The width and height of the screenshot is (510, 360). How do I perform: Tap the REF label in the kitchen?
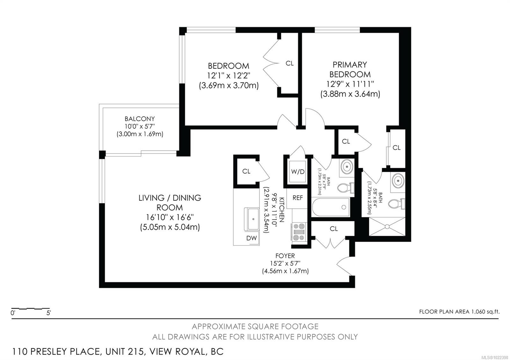(x=298, y=198)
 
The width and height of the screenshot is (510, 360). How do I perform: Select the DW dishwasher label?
(x=251, y=238)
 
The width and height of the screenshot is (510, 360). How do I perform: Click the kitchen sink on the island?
(x=253, y=219)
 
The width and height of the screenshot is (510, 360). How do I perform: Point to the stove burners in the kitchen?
(x=299, y=232)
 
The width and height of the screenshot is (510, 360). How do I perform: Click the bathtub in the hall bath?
(x=331, y=207)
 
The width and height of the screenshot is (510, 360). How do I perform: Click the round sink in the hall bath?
(x=346, y=166)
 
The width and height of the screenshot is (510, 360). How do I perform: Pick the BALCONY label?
(x=140, y=119)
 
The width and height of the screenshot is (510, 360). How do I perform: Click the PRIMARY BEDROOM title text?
(x=350, y=69)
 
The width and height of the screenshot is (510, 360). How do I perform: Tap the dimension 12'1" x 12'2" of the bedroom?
(x=229, y=76)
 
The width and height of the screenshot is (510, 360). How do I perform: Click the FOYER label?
(x=285, y=256)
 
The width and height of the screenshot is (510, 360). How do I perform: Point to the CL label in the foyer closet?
(x=334, y=229)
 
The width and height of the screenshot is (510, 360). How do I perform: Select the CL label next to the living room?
(x=246, y=171)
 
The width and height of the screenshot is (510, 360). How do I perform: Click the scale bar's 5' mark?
(x=48, y=313)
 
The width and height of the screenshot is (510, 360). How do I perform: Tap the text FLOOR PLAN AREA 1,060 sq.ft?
(x=459, y=312)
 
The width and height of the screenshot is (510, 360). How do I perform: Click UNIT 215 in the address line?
(x=124, y=352)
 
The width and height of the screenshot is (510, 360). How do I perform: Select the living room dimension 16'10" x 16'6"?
(x=170, y=218)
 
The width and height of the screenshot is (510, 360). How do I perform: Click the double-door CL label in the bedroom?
(x=289, y=63)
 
